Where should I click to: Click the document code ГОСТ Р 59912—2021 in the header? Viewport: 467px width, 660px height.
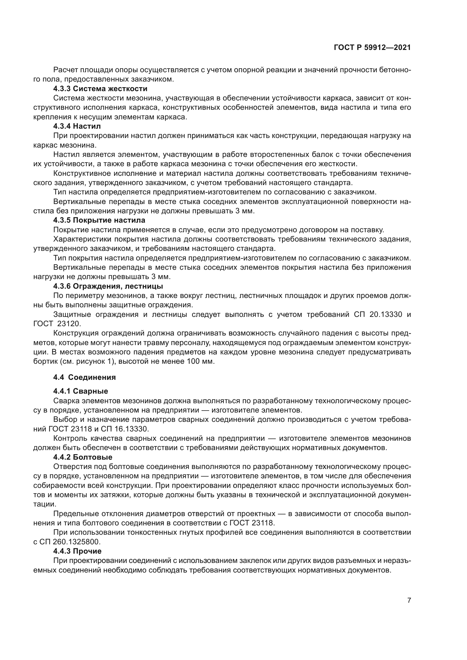coord(372,48)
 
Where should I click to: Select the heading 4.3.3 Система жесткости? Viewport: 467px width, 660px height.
coord(100,89)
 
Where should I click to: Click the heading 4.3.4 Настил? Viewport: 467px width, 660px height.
coord(77,126)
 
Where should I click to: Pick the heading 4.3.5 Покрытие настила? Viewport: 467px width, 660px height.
coord(99,220)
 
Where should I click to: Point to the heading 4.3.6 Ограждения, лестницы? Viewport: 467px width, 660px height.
coord(108,286)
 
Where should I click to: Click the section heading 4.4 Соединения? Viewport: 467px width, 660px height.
coord(84,377)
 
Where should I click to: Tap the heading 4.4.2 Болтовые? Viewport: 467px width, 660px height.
coord(82,457)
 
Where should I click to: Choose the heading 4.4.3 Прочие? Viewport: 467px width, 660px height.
coord(77,551)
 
